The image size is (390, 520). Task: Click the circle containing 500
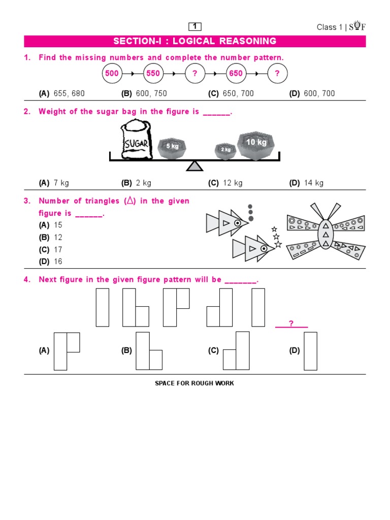112,74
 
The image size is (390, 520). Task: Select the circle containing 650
236,74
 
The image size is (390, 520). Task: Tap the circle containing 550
153,74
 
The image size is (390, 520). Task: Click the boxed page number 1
195,26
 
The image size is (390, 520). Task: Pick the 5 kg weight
172,147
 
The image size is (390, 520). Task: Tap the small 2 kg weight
225,150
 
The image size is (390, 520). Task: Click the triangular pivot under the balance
194,166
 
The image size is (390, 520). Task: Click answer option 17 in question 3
58,249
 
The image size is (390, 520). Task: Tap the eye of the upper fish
237,222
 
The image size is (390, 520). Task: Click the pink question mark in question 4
291,323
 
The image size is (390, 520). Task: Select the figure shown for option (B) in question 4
149,351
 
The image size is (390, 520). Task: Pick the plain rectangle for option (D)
310,351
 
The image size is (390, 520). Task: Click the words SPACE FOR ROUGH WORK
194,383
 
